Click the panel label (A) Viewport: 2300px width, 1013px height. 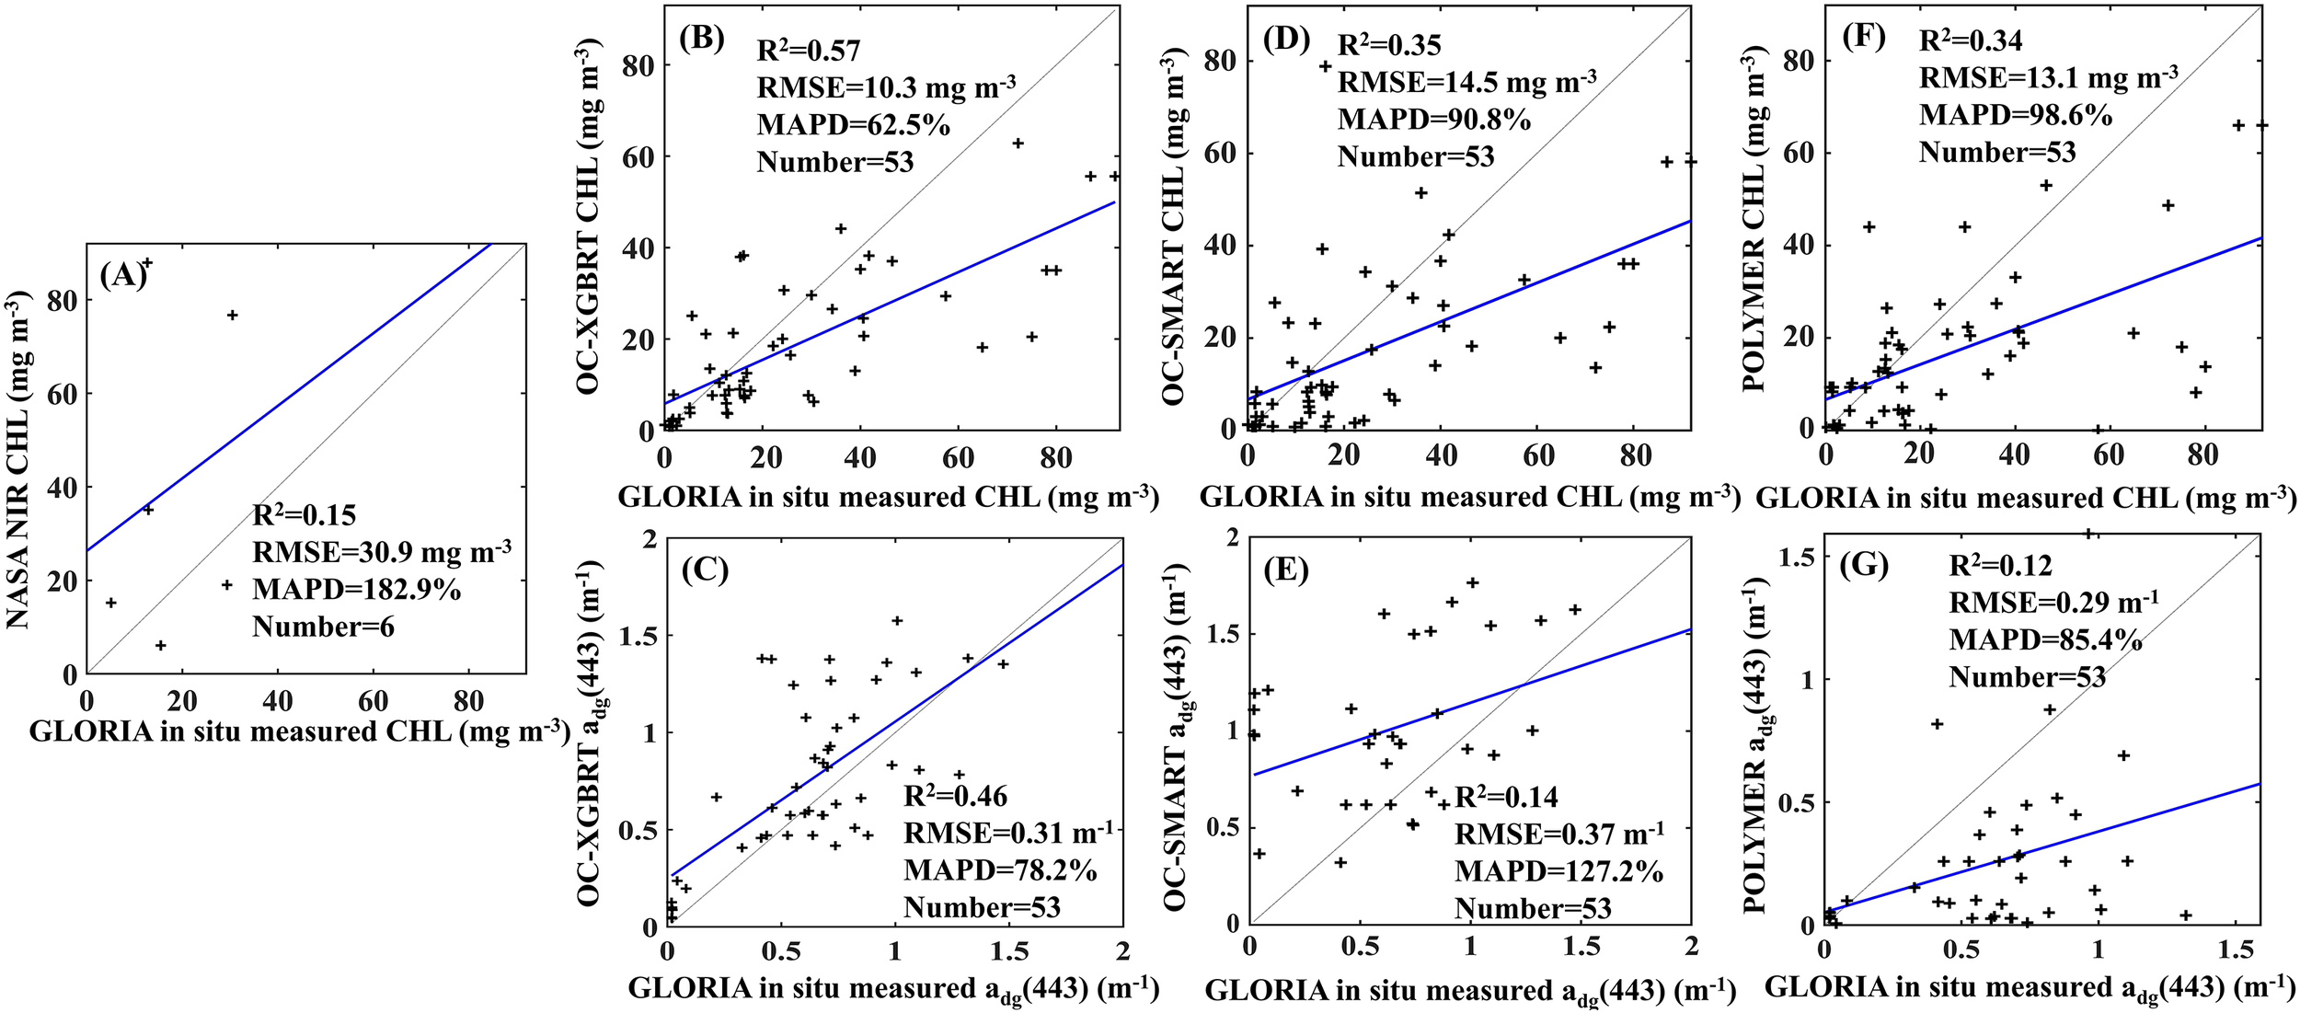(x=123, y=275)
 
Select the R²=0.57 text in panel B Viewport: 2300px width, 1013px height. (x=808, y=51)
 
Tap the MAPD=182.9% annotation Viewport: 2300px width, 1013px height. (x=356, y=590)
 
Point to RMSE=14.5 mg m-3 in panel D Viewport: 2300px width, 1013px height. (x=1466, y=83)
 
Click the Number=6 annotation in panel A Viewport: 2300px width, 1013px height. (x=323, y=627)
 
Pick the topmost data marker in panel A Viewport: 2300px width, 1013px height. (x=146, y=263)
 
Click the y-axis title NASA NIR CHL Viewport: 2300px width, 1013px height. (x=18, y=459)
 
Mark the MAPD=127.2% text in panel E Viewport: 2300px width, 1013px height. (x=1558, y=870)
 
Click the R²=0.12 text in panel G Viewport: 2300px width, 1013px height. (x=2000, y=565)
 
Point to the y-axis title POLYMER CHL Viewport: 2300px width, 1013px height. (x=1753, y=221)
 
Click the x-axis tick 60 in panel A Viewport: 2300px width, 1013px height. (x=373, y=702)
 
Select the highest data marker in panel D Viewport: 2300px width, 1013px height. (x=1326, y=66)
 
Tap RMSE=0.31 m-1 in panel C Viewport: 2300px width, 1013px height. (x=1007, y=834)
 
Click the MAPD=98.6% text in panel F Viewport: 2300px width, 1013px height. (x=2015, y=115)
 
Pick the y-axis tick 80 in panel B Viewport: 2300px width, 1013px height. (x=639, y=65)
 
